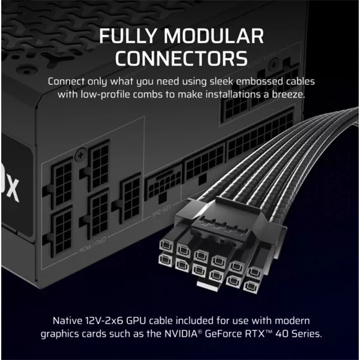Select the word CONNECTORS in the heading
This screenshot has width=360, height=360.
181,59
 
